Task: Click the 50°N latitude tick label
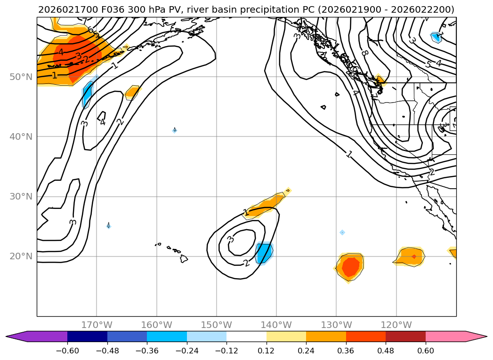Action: pyautogui.click(x=21, y=77)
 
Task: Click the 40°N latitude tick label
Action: pyautogui.click(x=21, y=136)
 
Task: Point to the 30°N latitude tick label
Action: pyautogui.click(x=21, y=197)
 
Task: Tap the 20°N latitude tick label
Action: pyautogui.click(x=21, y=256)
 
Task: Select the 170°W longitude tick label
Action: pyautogui.click(x=97, y=325)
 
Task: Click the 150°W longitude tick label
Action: pyautogui.click(x=217, y=325)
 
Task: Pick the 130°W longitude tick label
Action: pyautogui.click(x=336, y=325)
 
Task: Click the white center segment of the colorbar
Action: pyautogui.click(x=246, y=336)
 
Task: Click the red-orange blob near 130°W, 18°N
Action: pyautogui.click(x=350, y=267)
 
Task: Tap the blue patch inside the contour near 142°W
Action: pyautogui.click(x=264, y=253)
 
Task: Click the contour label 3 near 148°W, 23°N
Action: pyautogui.click(x=230, y=240)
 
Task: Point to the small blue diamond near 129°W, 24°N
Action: pyautogui.click(x=342, y=232)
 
